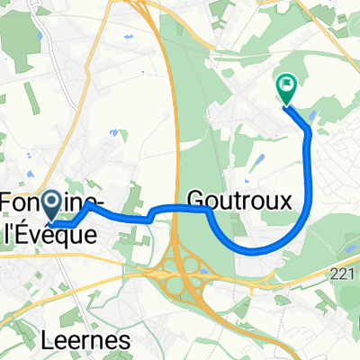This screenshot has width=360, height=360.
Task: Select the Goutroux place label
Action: pyautogui.click(x=239, y=200)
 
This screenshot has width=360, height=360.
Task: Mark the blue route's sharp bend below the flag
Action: pyautogui.click(x=309, y=132)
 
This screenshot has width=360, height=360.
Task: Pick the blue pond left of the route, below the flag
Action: pyautogui.click(x=258, y=159)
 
